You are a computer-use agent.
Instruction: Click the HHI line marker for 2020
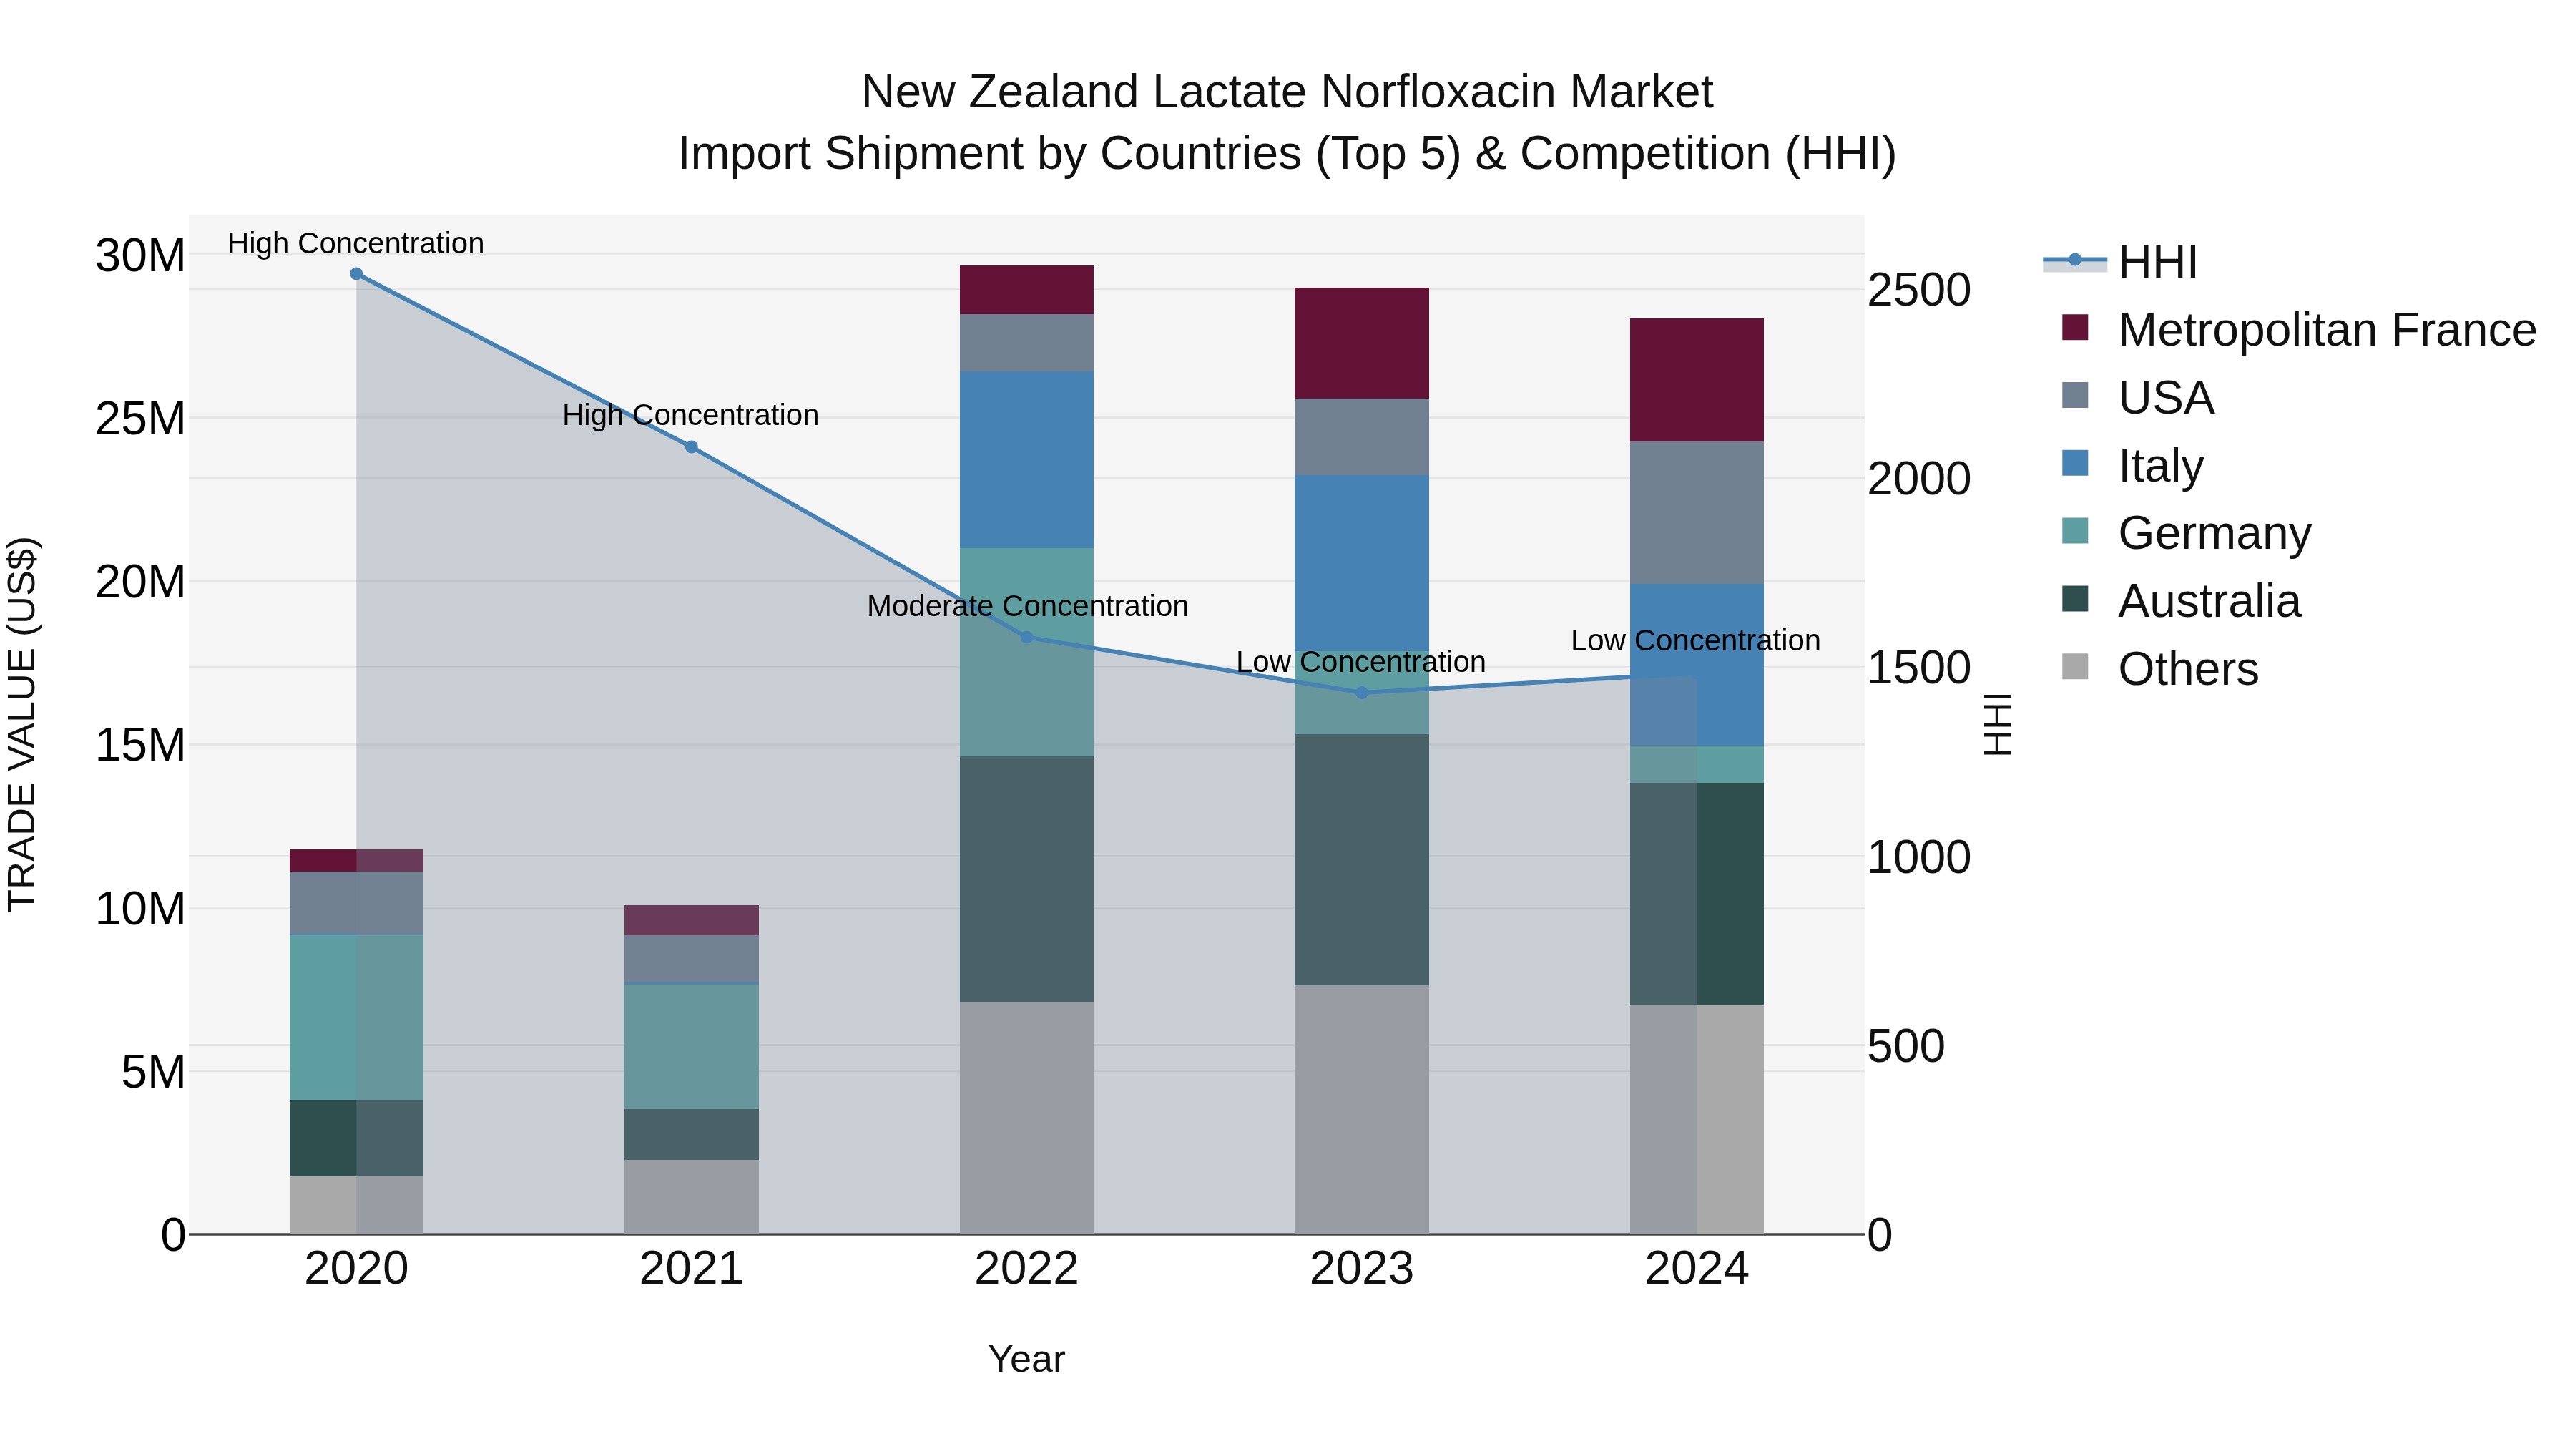[356, 274]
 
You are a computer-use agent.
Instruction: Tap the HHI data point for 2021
[691, 447]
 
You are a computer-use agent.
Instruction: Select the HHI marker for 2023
[1361, 692]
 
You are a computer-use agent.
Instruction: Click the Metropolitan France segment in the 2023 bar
[1361, 343]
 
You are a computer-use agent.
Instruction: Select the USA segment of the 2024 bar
[1697, 512]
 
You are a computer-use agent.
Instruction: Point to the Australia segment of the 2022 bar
[1026, 878]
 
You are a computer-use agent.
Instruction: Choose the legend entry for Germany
[2213, 533]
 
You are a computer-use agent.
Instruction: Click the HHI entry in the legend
[2157, 262]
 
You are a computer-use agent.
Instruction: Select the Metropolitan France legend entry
[2325, 330]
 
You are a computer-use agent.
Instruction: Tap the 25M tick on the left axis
[140, 418]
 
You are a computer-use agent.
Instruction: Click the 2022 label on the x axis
[1026, 1269]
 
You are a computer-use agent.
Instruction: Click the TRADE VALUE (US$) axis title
[23, 724]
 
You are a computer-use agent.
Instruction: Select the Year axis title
[1026, 1359]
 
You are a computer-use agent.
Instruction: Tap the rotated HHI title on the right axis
[1996, 724]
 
